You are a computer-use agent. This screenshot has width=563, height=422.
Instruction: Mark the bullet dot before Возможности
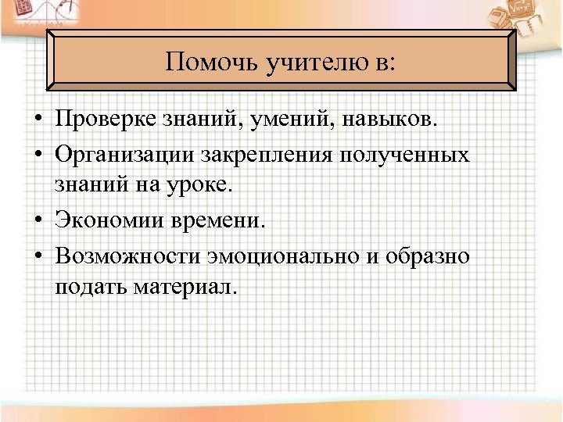pos(38,256)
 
